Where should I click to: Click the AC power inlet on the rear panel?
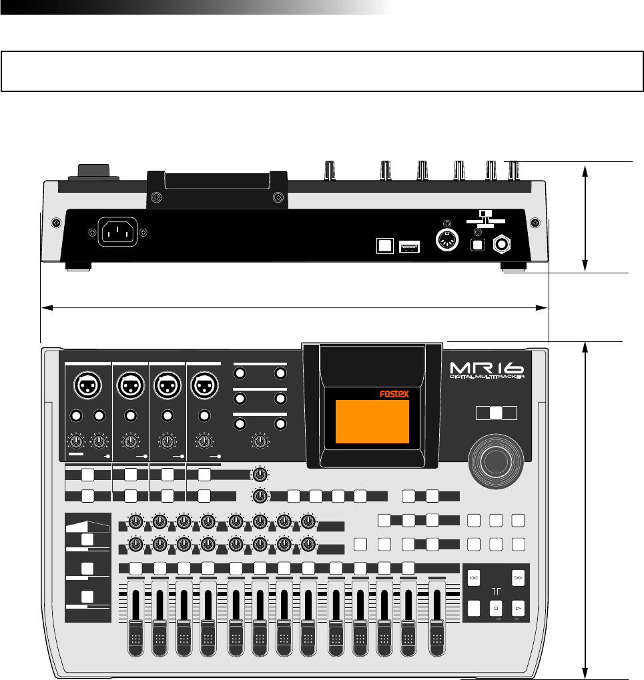[x=117, y=232]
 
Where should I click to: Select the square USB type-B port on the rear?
[x=385, y=246]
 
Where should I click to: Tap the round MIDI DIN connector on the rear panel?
[x=446, y=239]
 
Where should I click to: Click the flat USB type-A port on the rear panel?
[x=408, y=247]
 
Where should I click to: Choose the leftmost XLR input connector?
[x=88, y=385]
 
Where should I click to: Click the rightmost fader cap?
[x=438, y=637]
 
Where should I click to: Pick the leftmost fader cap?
[x=136, y=637]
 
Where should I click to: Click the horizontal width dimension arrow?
[x=294, y=307]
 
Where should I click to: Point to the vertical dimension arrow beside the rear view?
[x=585, y=217]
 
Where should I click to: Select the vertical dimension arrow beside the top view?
[x=585, y=510]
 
